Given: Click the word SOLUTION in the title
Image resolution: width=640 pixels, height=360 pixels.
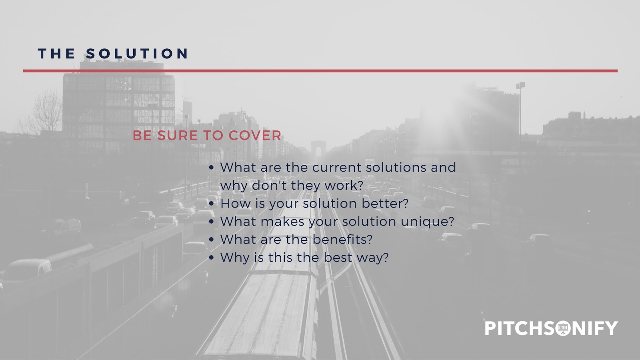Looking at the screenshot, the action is [137, 54].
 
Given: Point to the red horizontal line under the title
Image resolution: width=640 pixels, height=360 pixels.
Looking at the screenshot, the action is [320, 71].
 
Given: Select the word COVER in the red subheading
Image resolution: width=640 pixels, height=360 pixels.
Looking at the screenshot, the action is [255, 136].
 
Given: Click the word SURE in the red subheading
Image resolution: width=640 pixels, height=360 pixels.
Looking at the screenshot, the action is [178, 136].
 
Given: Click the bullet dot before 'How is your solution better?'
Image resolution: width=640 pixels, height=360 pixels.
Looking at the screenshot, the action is [212, 204].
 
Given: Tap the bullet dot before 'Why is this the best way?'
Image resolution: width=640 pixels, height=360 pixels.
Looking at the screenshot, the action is [212, 258].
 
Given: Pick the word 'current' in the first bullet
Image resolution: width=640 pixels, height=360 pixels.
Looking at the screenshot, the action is [336, 168].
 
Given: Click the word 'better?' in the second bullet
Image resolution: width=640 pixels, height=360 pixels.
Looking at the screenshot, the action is [385, 204].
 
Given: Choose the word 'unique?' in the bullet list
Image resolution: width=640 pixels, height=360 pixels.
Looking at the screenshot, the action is [427, 222].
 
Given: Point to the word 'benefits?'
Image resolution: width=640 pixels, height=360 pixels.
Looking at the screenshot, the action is [342, 240].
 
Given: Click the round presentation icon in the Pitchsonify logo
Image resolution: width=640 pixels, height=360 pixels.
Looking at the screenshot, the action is [563, 328].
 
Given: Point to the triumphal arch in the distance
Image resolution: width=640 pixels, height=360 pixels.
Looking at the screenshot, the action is [318, 148].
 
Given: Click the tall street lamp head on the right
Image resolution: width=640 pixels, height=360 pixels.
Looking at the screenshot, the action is [520, 85].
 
